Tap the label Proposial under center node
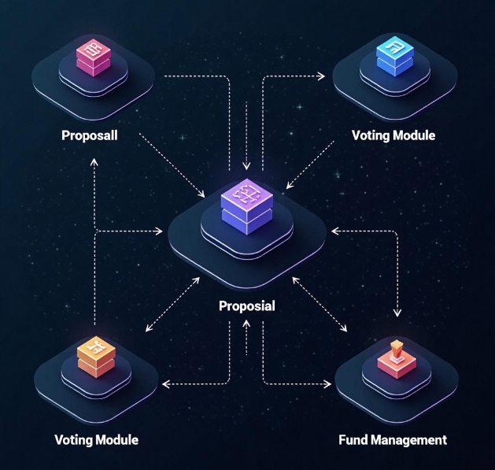(246, 306)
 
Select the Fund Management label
(392, 439)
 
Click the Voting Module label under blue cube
(393, 135)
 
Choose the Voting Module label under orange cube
(96, 439)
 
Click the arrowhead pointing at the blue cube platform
(321, 76)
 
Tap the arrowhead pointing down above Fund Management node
(397, 313)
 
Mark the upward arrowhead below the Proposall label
(94, 161)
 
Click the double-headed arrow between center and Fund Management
(320, 302)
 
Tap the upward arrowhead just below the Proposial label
(247, 326)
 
